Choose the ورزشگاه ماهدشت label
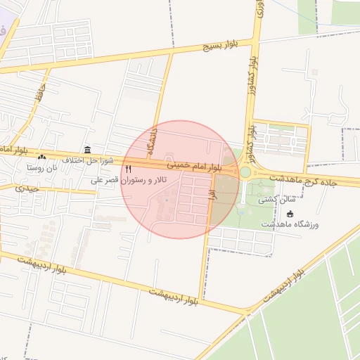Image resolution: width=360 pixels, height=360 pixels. pos(290,224)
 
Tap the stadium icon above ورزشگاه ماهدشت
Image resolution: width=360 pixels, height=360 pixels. pos(290,214)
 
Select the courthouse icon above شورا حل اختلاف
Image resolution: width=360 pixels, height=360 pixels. pos(87,150)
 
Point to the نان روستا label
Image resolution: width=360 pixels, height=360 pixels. pos(41,168)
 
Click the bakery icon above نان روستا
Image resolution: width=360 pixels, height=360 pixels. pos(42,157)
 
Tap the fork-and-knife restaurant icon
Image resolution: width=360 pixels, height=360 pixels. pos(129,169)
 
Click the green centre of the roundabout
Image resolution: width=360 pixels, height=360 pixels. pos(245,172)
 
